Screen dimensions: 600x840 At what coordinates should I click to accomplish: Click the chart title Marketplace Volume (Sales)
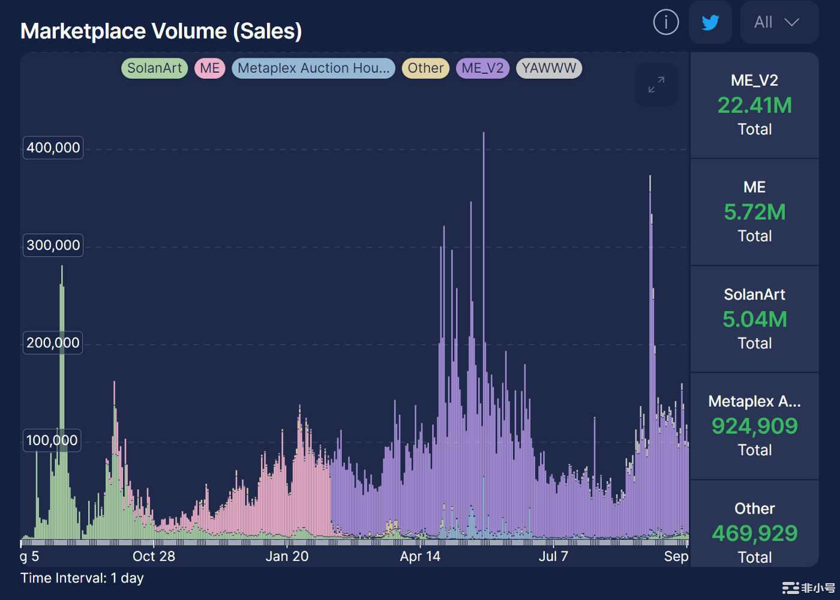(x=161, y=31)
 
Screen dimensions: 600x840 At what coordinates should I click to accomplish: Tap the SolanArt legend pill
(x=154, y=68)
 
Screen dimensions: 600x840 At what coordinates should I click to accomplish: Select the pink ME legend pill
(x=210, y=68)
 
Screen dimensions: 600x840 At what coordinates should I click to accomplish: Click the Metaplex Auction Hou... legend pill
(x=313, y=68)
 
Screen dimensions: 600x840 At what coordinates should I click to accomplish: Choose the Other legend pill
(x=425, y=68)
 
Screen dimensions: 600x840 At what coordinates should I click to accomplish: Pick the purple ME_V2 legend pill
(x=482, y=68)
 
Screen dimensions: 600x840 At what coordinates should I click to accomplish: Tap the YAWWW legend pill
(x=548, y=68)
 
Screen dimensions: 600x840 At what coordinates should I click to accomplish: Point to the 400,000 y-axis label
(x=53, y=148)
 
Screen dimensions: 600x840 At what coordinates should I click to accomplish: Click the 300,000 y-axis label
(x=53, y=245)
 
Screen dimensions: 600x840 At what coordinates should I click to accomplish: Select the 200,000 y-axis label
(x=53, y=343)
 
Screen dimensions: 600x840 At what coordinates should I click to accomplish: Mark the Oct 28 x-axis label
(x=154, y=557)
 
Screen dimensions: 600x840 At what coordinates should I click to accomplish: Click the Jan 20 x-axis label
(x=287, y=557)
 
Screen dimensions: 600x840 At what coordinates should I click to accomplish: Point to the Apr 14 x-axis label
(x=420, y=557)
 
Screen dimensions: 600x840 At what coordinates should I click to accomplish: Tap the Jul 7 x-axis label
(x=553, y=557)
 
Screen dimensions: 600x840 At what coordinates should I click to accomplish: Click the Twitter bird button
(x=710, y=23)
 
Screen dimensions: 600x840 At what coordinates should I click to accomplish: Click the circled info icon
(x=666, y=23)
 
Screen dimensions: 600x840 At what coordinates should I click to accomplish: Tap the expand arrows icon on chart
(x=656, y=85)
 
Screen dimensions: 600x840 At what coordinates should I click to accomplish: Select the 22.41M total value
(x=755, y=106)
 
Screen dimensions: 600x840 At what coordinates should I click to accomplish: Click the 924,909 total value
(x=755, y=426)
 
